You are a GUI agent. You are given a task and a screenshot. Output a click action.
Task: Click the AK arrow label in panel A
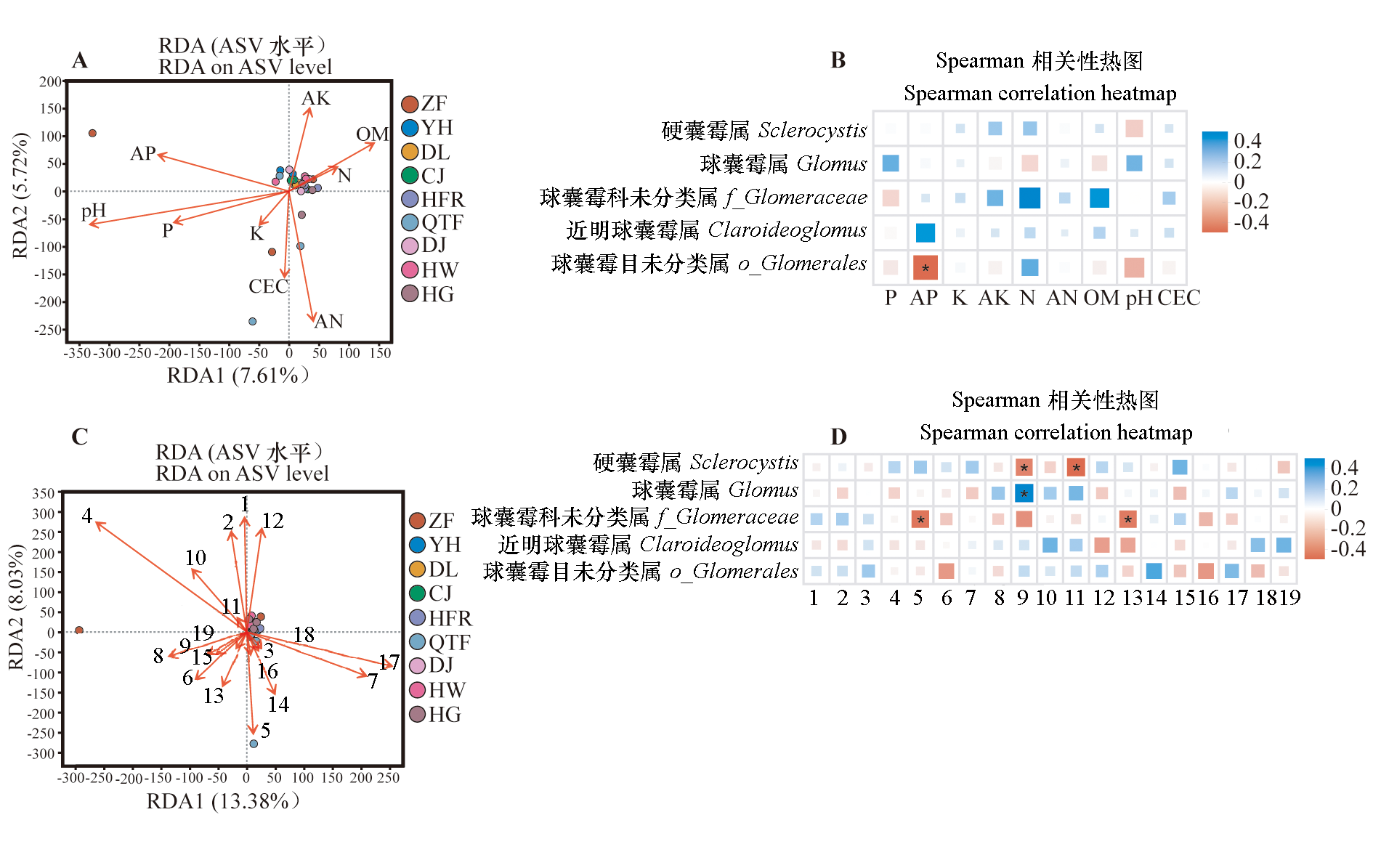pyautogui.click(x=316, y=98)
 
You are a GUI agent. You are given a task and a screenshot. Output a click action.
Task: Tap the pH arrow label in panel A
pyautogui.click(x=94, y=211)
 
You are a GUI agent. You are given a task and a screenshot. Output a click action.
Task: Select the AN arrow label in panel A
pyautogui.click(x=328, y=321)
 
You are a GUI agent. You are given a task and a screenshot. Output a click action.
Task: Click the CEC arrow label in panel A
pyautogui.click(x=268, y=286)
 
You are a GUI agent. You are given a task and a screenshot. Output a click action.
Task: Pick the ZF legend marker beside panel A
pyautogui.click(x=410, y=104)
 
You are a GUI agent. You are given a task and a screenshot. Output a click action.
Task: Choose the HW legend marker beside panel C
pyautogui.click(x=418, y=689)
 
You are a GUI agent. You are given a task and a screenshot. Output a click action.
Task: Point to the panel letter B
pyautogui.click(x=838, y=60)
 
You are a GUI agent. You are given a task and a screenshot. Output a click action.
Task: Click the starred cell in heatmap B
pyautogui.click(x=926, y=267)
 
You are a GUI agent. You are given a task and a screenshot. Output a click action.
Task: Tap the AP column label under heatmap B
pyautogui.click(x=924, y=298)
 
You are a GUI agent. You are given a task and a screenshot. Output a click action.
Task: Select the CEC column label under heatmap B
pyautogui.click(x=1178, y=298)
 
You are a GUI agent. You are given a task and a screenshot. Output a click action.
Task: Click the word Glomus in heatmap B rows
pyautogui.click(x=832, y=164)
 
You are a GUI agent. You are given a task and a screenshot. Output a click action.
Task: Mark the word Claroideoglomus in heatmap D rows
pyautogui.click(x=718, y=544)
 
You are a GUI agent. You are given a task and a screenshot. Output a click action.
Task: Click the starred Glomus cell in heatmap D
pyautogui.click(x=1024, y=493)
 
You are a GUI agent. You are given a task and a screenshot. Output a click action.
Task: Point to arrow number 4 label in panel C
pyautogui.click(x=87, y=516)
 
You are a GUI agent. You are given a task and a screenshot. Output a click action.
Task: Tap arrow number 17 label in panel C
pyautogui.click(x=389, y=662)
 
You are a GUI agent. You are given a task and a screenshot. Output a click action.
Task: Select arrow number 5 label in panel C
pyautogui.click(x=266, y=730)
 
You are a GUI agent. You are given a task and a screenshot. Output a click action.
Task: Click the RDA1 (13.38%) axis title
pyautogui.click(x=223, y=801)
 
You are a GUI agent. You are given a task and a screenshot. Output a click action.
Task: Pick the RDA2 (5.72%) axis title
pyautogui.click(x=20, y=195)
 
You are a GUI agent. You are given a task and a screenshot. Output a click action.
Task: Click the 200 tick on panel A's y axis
pyautogui.click(x=50, y=82)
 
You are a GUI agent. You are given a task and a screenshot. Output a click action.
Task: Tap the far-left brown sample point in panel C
pyautogui.click(x=79, y=630)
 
